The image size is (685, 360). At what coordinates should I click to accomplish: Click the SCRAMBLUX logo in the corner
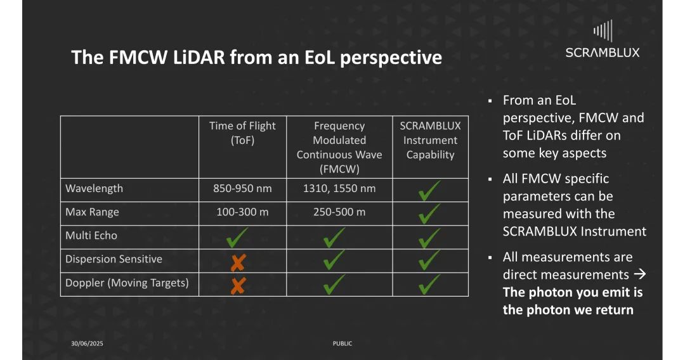pos(603,39)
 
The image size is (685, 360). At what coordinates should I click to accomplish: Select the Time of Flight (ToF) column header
pos(242,132)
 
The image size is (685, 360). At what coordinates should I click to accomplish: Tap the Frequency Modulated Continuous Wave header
pos(339,147)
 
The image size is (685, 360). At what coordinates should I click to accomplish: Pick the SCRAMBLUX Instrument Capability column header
pos(430,140)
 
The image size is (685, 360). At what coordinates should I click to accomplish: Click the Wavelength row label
pos(94,188)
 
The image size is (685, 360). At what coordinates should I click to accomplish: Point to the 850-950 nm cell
pos(242,188)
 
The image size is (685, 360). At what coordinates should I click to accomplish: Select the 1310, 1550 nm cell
pos(339,188)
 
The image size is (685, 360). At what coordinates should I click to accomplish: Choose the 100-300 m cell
pos(242,212)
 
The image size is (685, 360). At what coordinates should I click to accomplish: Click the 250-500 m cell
pos(339,212)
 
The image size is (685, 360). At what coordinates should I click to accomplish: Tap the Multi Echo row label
pos(91,236)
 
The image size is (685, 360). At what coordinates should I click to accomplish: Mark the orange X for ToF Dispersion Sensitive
pos(238,262)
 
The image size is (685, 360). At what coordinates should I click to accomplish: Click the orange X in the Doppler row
pos(238,286)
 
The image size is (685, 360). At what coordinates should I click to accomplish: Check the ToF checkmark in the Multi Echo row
pos(237,238)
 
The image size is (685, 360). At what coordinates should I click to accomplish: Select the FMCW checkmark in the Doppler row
pos(334,285)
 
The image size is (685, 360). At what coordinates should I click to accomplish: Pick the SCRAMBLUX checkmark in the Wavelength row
pos(429,191)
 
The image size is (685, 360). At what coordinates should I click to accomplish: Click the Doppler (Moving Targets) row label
pos(127,283)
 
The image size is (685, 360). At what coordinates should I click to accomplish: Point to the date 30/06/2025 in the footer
pos(87,344)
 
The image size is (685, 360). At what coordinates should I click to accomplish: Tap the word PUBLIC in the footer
pos(342,344)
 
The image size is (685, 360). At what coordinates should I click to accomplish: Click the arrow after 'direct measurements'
pos(639,274)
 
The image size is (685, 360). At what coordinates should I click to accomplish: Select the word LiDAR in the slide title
pos(199,58)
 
